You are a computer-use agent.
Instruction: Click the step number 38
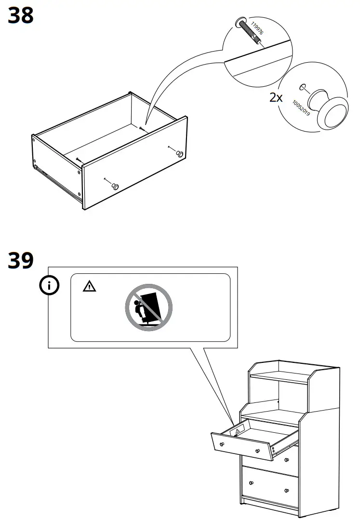click(21, 15)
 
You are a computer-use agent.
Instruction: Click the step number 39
click(21, 261)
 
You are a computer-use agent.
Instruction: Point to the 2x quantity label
click(276, 98)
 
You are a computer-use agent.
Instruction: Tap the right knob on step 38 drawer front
click(179, 154)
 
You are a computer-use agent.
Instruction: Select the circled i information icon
click(49, 286)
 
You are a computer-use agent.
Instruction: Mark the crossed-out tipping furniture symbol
click(149, 307)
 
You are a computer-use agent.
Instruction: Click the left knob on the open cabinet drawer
click(222, 444)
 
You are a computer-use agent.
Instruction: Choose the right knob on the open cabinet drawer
click(258, 452)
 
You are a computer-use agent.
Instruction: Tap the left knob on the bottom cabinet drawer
click(251, 482)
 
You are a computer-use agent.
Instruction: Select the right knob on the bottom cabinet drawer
click(287, 491)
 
